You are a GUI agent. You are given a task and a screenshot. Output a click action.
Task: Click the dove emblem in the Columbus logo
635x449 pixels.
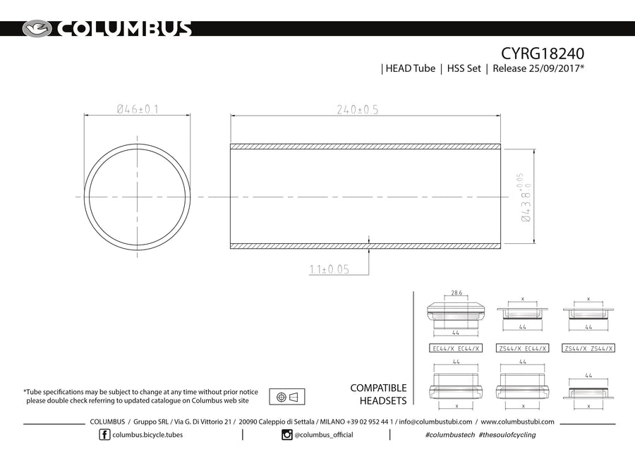[x=37, y=29]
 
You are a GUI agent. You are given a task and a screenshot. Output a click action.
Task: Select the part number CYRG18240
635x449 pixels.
[x=543, y=54]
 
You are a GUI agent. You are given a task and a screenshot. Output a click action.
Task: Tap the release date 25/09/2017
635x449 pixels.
[x=540, y=69]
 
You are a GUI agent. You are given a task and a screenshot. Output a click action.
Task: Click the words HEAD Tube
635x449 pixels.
[x=410, y=69]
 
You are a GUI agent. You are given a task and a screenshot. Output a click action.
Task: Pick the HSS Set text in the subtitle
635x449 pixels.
[x=463, y=69]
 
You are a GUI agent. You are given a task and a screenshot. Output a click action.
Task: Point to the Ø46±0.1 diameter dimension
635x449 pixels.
[x=137, y=109]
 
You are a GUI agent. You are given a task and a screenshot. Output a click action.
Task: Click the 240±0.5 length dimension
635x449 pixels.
[x=358, y=109]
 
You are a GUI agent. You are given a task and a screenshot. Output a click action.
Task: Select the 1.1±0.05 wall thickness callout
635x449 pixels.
[x=329, y=269]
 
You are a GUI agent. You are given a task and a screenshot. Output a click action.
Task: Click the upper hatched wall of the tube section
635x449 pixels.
[x=365, y=147]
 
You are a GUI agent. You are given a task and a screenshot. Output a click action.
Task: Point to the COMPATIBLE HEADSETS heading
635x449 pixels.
[x=378, y=394]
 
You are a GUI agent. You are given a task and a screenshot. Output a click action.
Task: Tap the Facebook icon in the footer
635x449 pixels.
[x=105, y=435]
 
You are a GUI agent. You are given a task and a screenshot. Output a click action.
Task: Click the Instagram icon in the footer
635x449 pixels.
[x=286, y=435]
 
